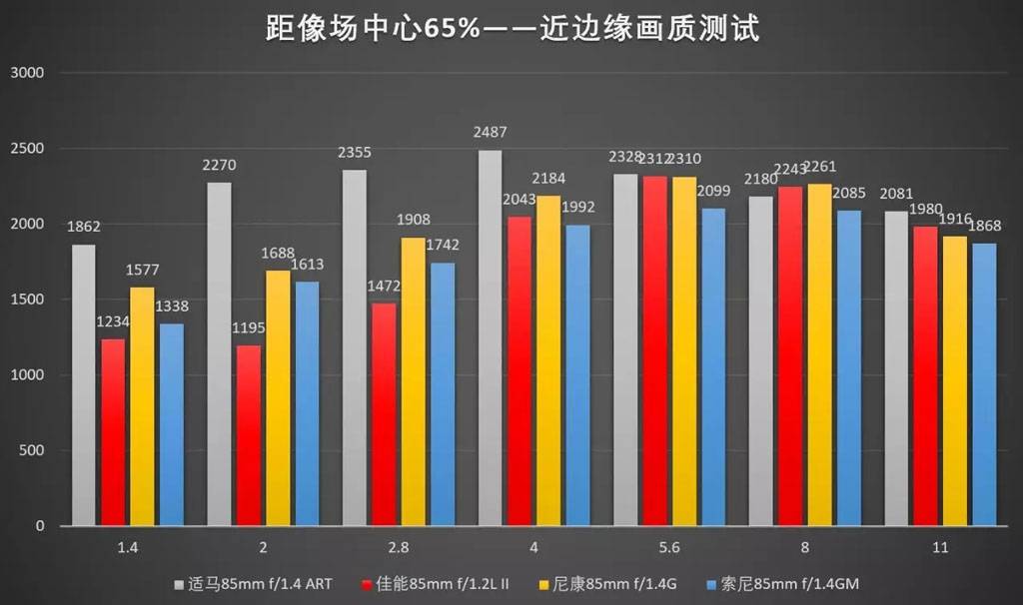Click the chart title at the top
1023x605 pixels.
click(511, 27)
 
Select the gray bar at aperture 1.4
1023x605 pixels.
click(84, 384)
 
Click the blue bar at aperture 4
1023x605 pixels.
click(577, 375)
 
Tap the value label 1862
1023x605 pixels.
click(84, 227)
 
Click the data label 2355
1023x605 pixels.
click(355, 153)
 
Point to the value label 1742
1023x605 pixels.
click(444, 246)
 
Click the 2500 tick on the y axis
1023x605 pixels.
click(29, 149)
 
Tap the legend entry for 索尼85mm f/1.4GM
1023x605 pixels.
click(779, 583)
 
